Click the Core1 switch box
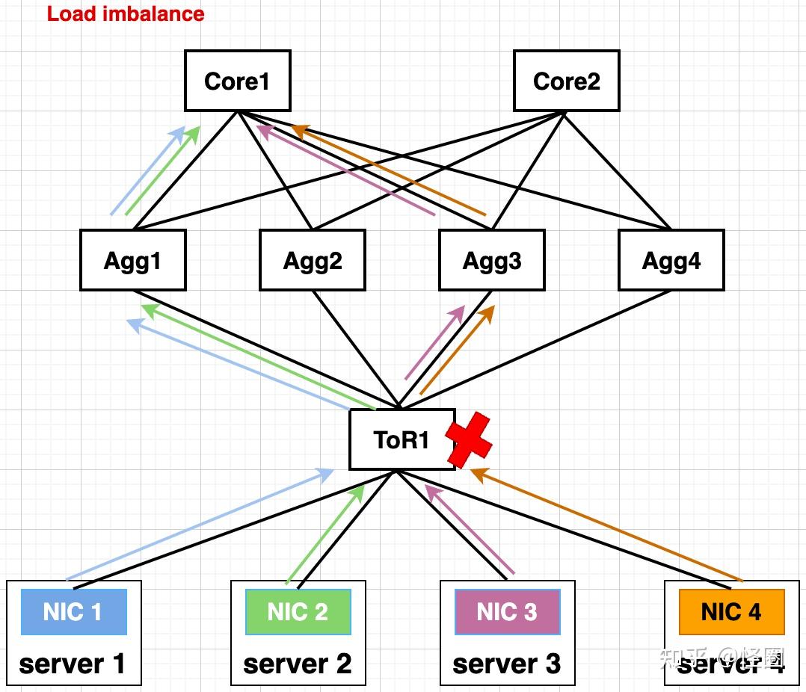pos(237,81)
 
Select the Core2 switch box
pos(566,81)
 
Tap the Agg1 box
pos(132,260)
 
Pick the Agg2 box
pos(312,260)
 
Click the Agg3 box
pos(491,260)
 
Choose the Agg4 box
pos(671,260)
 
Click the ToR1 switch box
pos(402,439)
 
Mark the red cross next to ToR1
pos(469,441)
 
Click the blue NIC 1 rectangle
pos(73,612)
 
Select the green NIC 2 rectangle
pos(298,612)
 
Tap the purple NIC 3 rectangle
pos(507,612)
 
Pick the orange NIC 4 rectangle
pos(731,612)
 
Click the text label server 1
pos(73,664)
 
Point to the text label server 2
pos(298,664)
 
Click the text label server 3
pos(507,664)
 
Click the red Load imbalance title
pos(126,13)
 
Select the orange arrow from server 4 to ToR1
pos(606,525)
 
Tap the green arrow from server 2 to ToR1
pos(326,534)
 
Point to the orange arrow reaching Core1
pos(389,170)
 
